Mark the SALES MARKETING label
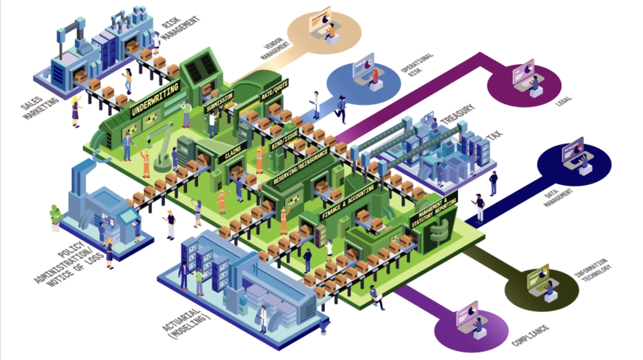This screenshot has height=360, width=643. coord(39,102)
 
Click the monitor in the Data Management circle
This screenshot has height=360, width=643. coord(575,146)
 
